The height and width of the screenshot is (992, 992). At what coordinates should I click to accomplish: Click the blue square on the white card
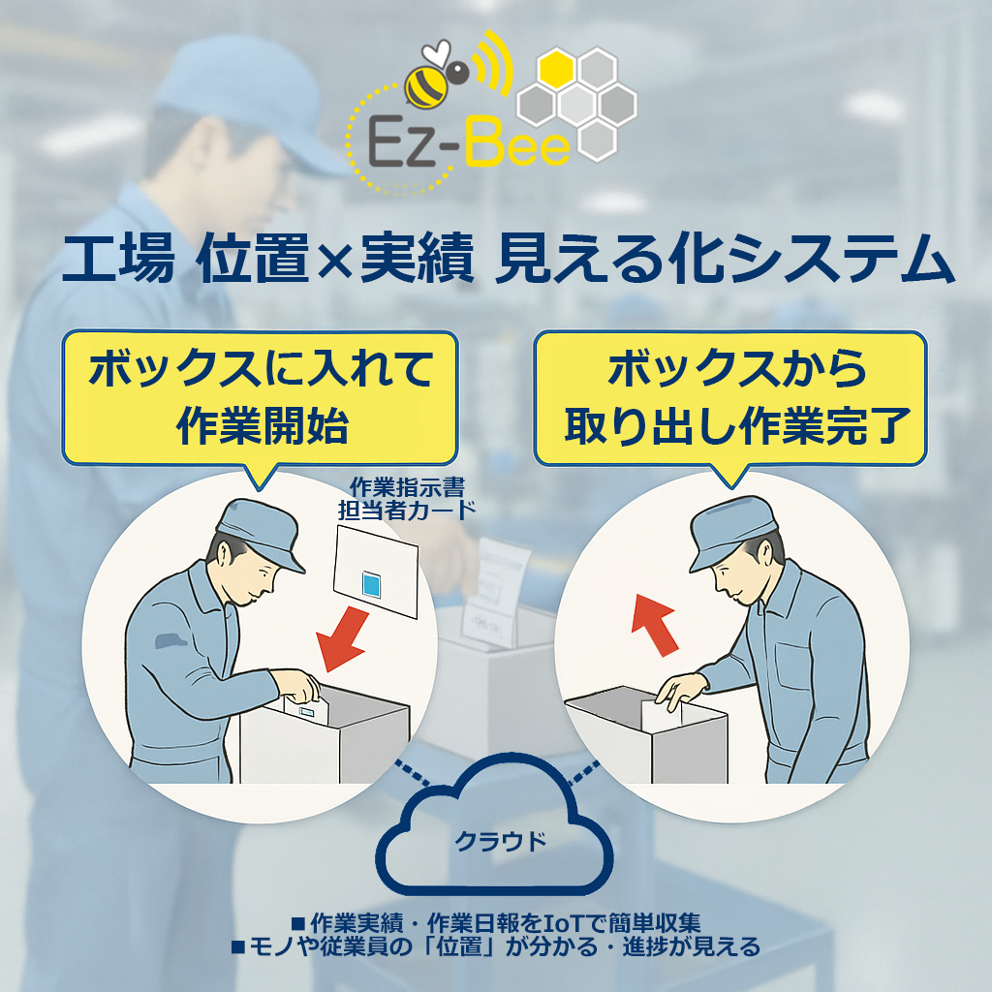click(x=372, y=583)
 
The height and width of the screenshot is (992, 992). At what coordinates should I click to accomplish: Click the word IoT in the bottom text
click(x=547, y=920)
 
